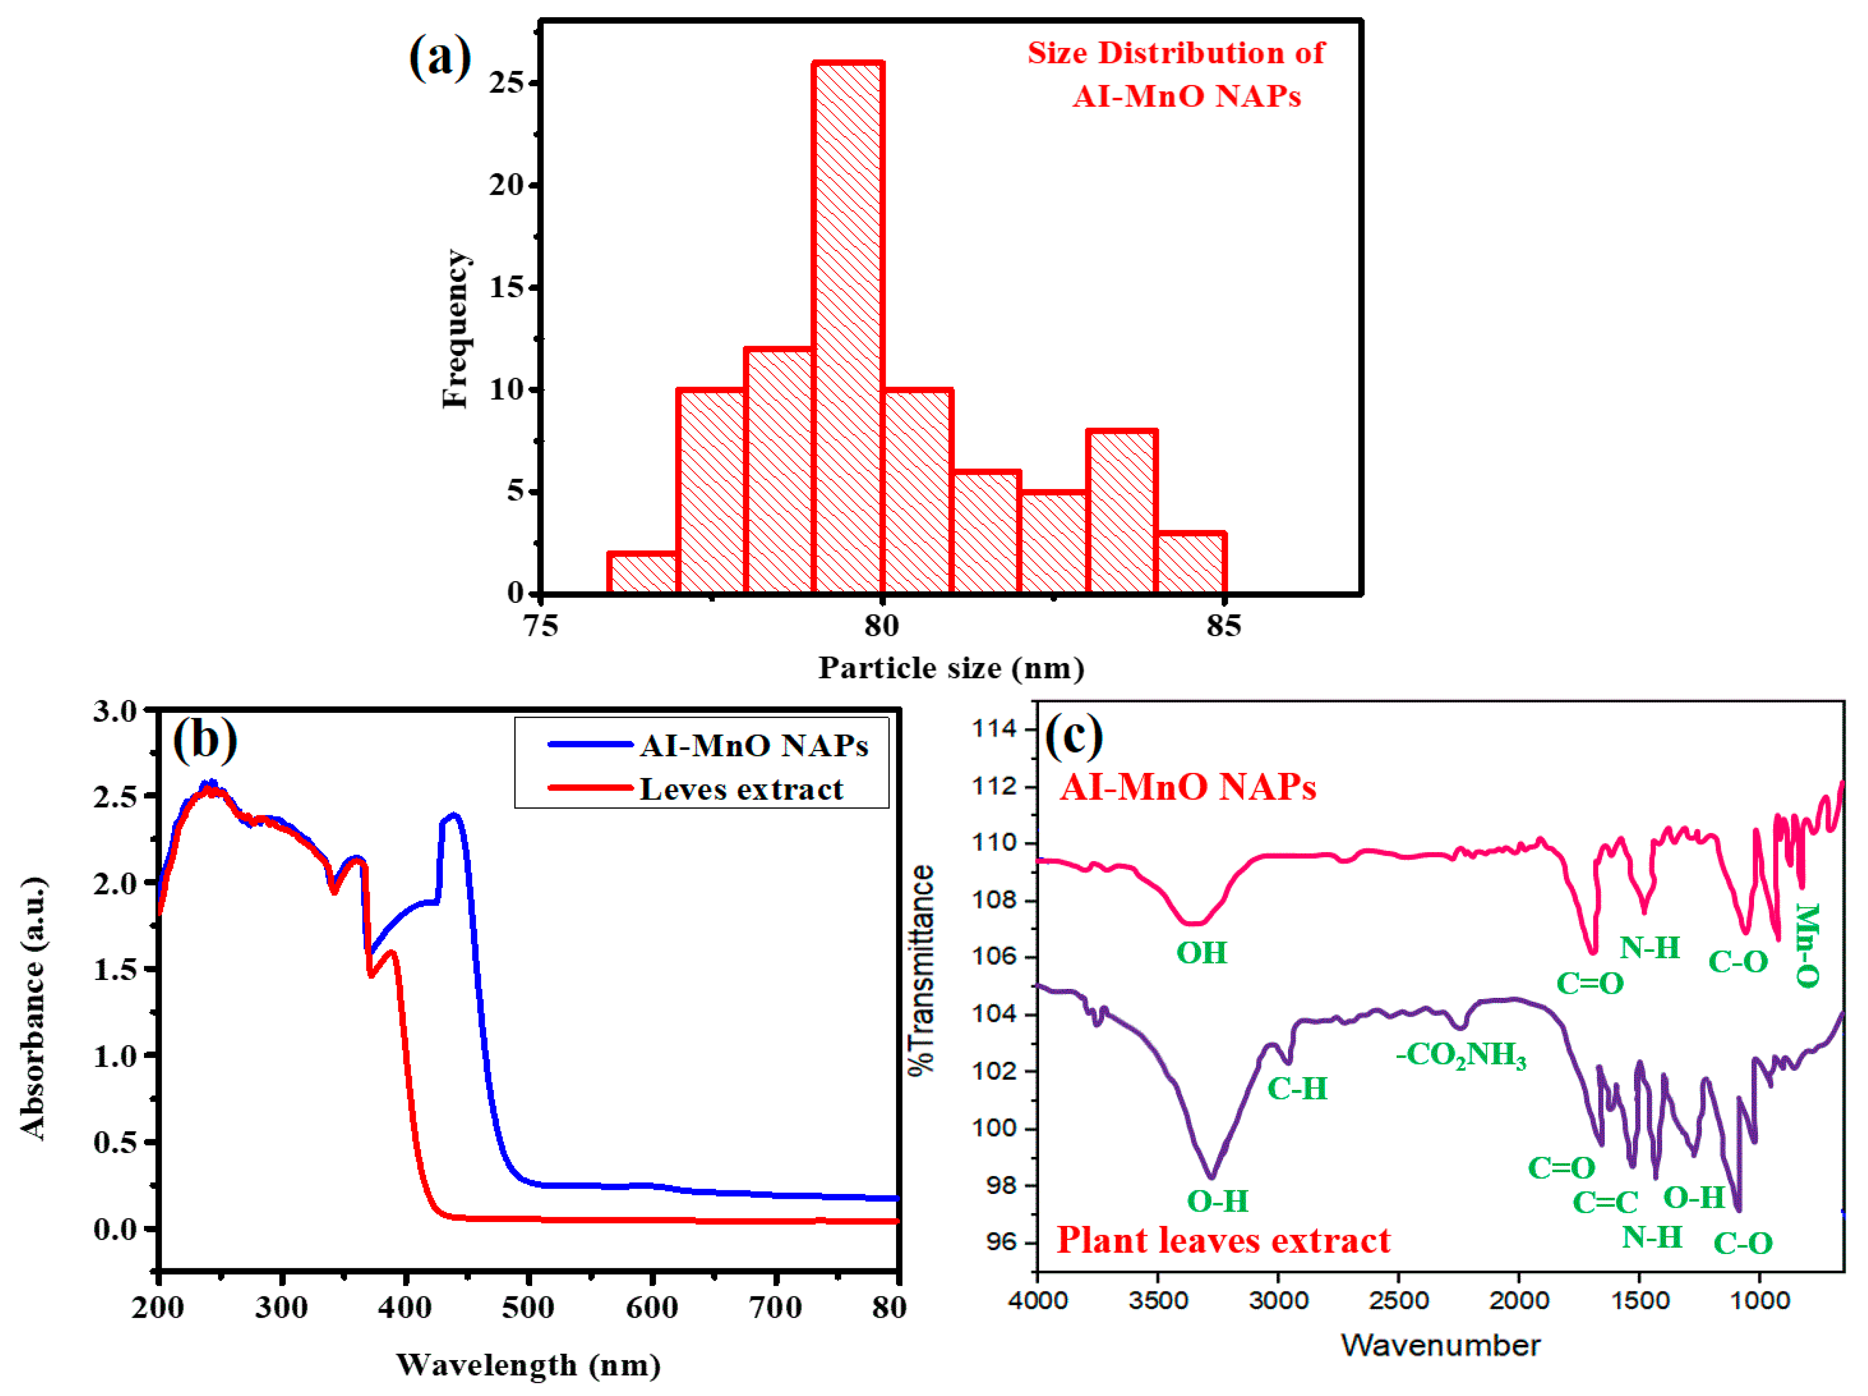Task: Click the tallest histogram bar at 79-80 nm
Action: [x=848, y=329]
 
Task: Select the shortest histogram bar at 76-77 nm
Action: [x=643, y=574]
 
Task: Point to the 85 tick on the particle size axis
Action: [x=1223, y=626]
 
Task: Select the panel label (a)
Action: [x=439, y=57]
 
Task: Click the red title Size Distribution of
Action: [x=1176, y=53]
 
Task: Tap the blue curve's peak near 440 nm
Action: [x=454, y=816]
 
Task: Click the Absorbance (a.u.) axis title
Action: [x=34, y=1009]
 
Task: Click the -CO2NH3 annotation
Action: [x=1461, y=1055]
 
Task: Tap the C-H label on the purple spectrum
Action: [x=1297, y=1089]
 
